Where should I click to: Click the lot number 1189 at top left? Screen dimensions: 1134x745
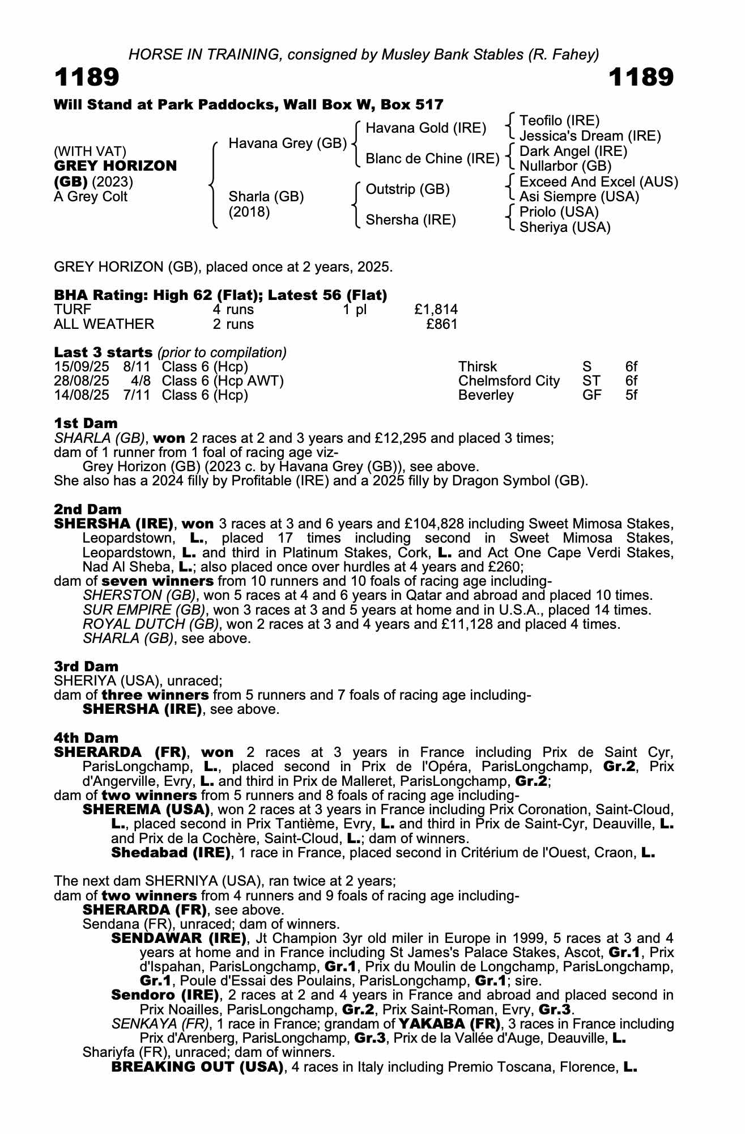pyautogui.click(x=87, y=77)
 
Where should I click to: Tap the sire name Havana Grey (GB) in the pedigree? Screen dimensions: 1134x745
pyautogui.click(x=287, y=143)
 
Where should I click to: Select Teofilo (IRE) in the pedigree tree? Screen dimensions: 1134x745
pyautogui.click(x=559, y=120)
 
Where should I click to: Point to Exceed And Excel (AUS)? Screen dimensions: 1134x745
pyautogui.click(x=598, y=181)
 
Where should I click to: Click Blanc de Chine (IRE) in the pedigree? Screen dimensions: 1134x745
pyautogui.click(x=432, y=159)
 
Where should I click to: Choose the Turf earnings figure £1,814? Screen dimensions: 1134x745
pyautogui.click(x=436, y=310)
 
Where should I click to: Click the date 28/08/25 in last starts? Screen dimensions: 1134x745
pyautogui.click(x=82, y=381)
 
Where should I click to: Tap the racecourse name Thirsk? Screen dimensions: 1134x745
pyautogui.click(x=478, y=367)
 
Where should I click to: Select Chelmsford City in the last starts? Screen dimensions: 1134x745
pyautogui.click(x=509, y=381)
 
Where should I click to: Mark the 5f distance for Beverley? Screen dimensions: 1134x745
pyautogui.click(x=631, y=395)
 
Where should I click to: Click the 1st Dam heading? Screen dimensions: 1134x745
pyautogui.click(x=86, y=424)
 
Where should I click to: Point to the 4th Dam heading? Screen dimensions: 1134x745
pyautogui.click(x=86, y=738)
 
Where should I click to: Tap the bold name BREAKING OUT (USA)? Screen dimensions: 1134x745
pyautogui.click(x=197, y=1067)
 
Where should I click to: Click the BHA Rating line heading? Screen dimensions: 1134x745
pyautogui.click(x=220, y=295)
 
